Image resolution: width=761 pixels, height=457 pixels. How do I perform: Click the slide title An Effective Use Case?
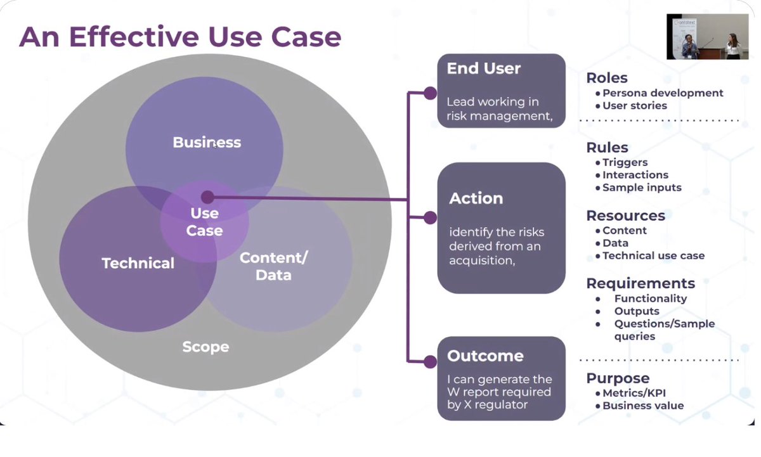[x=180, y=37]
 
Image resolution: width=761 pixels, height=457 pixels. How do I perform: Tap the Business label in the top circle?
[x=207, y=142]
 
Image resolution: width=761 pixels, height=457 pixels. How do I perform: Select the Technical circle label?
[x=138, y=263]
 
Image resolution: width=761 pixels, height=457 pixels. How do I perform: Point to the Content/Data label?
[x=273, y=266]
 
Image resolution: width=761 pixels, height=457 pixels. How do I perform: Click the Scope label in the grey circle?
[x=205, y=347]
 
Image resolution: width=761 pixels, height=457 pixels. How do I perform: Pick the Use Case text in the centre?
[x=204, y=222]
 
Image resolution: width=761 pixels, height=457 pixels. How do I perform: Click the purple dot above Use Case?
[x=207, y=197]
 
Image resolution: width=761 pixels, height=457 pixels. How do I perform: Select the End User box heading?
[x=483, y=68]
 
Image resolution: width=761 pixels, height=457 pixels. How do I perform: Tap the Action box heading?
[x=476, y=198]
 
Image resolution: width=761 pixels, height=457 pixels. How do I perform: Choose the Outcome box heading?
[x=485, y=356]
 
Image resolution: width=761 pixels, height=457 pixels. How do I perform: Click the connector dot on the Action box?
[x=430, y=217]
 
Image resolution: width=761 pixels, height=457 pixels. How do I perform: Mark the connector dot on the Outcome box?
[x=430, y=361]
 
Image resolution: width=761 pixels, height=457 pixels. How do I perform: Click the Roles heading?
[x=607, y=78]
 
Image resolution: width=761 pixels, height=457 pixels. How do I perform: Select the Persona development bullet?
[x=660, y=93]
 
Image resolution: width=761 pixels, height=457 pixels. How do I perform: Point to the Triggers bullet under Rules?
[x=621, y=162]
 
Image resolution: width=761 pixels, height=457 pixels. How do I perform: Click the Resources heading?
[x=625, y=216]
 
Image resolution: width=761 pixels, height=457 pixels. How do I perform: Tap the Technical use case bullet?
[x=650, y=255]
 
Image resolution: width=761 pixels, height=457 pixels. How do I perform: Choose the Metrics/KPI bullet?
[x=630, y=393]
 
